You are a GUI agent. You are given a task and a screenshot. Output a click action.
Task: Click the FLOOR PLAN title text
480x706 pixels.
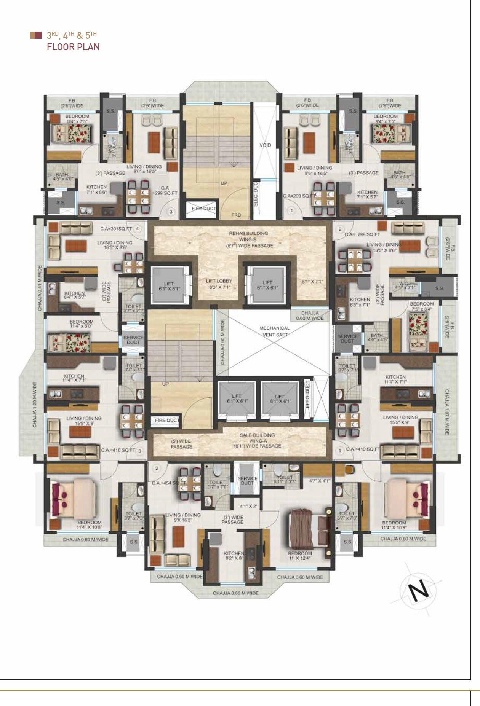pyautogui.click(x=73, y=47)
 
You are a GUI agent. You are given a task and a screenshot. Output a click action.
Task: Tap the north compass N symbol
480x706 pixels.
pyautogui.click(x=419, y=590)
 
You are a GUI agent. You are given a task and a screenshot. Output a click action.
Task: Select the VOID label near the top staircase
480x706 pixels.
pyautogui.click(x=265, y=145)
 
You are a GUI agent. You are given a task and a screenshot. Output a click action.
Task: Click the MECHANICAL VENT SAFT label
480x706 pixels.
pyautogui.click(x=275, y=331)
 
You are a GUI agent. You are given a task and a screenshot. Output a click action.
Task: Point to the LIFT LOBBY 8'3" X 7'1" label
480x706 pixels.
pyautogui.click(x=219, y=284)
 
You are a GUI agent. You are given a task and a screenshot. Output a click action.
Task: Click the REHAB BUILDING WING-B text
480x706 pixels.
pyautogui.click(x=248, y=236)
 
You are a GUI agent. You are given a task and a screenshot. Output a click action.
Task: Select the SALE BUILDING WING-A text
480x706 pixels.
pyautogui.click(x=257, y=438)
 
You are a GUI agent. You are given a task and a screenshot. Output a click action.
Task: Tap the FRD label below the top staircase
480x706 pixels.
pyautogui.click(x=236, y=215)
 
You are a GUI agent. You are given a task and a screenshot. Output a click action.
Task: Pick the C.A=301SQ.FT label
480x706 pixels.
pyautogui.click(x=116, y=229)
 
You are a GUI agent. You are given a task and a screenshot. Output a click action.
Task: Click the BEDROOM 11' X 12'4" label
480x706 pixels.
pyautogui.click(x=300, y=556)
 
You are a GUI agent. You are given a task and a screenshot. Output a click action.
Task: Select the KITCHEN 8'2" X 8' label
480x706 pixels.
pyautogui.click(x=234, y=556)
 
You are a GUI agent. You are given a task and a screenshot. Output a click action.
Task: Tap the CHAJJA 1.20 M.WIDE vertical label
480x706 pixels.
pyautogui.click(x=35, y=404)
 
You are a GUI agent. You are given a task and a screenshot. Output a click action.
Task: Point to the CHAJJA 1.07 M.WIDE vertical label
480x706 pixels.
pyautogui.click(x=446, y=412)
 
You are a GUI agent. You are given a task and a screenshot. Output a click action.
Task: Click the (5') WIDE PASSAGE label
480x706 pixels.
pyautogui.click(x=181, y=444)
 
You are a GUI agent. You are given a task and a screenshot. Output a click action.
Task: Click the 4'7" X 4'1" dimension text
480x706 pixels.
pyautogui.click(x=319, y=481)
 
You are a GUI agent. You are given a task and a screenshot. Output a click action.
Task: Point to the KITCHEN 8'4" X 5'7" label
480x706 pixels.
pyautogui.click(x=74, y=295)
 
